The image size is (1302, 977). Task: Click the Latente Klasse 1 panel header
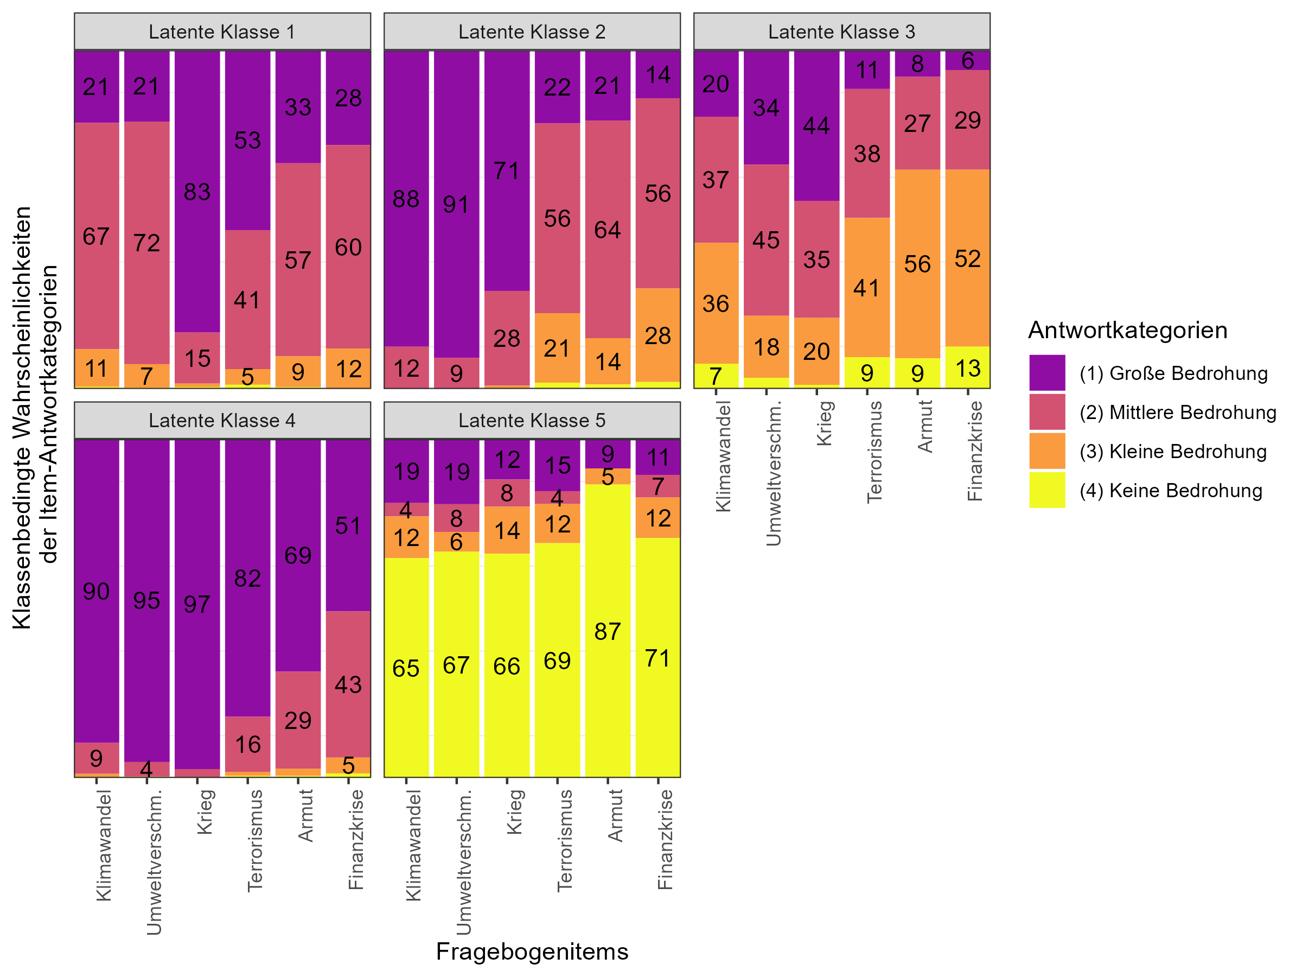click(x=222, y=32)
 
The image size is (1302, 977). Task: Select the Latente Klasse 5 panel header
click(x=532, y=421)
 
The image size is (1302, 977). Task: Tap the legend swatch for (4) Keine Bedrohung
click(x=1046, y=490)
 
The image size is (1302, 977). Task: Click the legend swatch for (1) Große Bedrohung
click(x=1046, y=373)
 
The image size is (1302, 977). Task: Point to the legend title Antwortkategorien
click(x=1127, y=331)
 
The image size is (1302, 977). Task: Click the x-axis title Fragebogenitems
click(x=532, y=951)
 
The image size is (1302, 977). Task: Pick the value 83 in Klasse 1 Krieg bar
click(x=196, y=192)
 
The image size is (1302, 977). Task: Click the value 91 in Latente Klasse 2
click(x=456, y=204)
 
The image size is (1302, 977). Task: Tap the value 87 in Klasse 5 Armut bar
click(x=608, y=631)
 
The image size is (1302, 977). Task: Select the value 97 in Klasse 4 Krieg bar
click(x=196, y=604)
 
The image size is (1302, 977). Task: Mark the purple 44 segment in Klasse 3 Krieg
click(x=816, y=125)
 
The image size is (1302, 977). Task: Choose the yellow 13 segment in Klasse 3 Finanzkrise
click(x=968, y=368)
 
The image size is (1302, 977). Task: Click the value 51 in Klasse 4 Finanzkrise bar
click(x=348, y=526)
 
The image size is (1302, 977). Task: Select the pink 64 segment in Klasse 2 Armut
click(x=608, y=230)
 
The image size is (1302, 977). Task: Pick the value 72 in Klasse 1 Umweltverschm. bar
click(x=146, y=243)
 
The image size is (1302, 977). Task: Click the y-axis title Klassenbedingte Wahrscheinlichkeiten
click(x=22, y=418)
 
